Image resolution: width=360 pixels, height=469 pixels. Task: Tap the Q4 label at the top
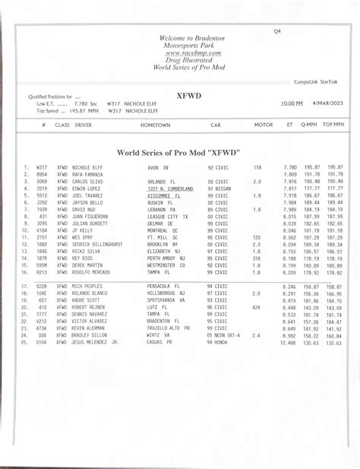277,31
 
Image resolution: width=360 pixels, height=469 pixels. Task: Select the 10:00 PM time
291,103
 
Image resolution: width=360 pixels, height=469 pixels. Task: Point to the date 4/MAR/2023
327,103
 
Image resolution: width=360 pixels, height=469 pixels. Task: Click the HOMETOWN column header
155,124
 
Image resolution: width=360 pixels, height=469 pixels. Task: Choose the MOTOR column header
263,124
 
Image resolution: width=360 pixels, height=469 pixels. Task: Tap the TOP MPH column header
333,124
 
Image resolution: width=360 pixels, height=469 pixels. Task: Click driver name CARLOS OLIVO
87,182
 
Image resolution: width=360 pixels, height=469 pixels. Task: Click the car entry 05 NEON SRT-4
224,335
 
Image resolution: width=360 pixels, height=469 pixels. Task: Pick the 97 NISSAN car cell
220,189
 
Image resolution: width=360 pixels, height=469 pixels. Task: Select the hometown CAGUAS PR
160,343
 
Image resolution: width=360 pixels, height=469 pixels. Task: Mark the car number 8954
42,174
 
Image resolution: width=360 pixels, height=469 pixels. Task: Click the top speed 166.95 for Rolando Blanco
334,293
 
